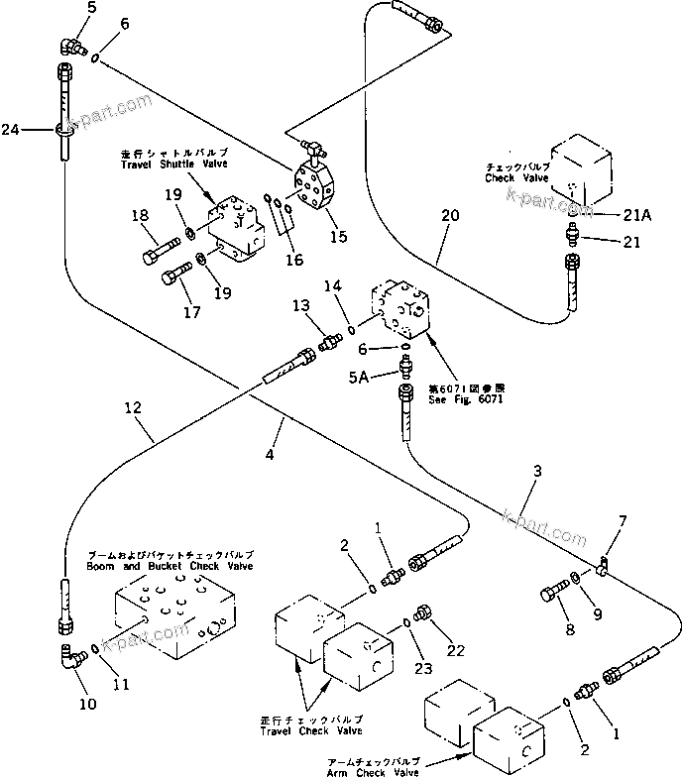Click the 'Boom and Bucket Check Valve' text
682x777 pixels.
pyautogui.click(x=180, y=566)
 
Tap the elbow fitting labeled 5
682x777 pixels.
pyautogui.click(x=71, y=45)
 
